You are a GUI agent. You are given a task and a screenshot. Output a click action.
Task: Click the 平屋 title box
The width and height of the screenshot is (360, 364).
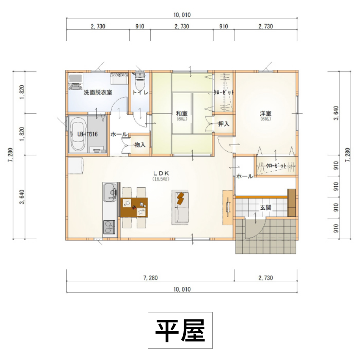[180, 330]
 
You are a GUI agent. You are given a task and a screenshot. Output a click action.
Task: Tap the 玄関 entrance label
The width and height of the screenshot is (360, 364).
[266, 208]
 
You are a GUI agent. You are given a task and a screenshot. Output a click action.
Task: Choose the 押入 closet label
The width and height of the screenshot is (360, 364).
[224, 124]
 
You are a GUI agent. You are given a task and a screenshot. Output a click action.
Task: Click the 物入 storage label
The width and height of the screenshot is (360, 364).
[139, 144]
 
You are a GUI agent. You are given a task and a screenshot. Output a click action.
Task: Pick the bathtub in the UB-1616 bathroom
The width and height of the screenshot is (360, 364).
[78, 134]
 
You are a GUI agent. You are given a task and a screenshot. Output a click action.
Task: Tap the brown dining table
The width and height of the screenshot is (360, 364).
[135, 207]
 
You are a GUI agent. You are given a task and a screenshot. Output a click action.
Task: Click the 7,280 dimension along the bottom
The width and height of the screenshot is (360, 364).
[149, 278]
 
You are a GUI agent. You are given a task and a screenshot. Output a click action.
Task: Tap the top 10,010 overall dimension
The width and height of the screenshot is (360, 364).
[182, 14]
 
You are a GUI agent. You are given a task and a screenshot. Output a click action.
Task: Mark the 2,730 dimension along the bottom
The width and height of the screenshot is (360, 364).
[266, 278]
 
